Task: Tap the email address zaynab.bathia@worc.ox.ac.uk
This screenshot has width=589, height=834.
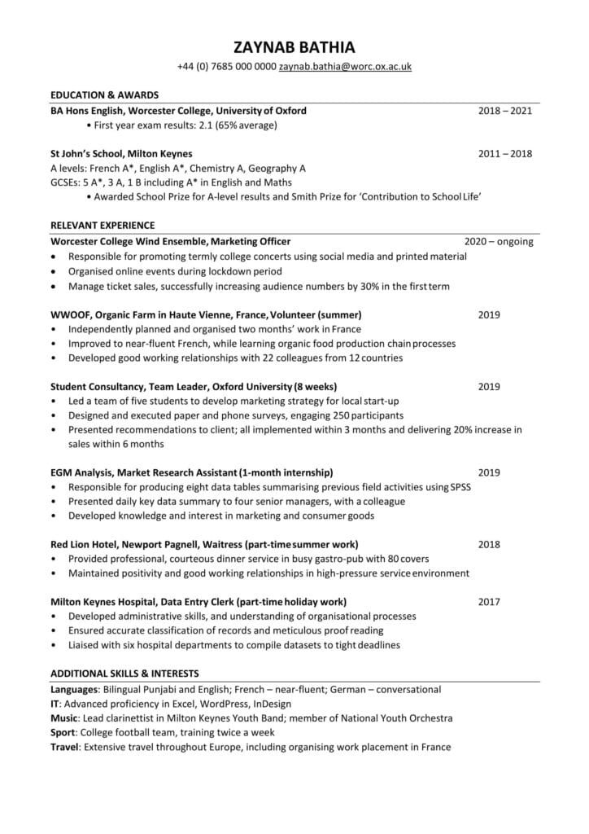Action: pyautogui.click(x=345, y=67)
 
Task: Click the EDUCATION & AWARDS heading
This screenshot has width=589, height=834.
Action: pyautogui.click(x=104, y=94)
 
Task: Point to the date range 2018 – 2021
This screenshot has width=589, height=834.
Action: pyautogui.click(x=504, y=110)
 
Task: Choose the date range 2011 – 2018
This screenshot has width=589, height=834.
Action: pyautogui.click(x=504, y=153)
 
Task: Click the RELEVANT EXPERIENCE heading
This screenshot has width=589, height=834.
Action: pyautogui.click(x=103, y=225)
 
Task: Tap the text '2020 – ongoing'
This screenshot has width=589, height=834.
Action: pyautogui.click(x=498, y=241)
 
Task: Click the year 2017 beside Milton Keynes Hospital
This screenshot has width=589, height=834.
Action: pyautogui.click(x=489, y=602)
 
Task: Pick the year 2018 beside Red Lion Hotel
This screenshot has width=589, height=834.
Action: pyautogui.click(x=489, y=544)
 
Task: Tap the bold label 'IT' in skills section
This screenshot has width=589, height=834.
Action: pyautogui.click(x=55, y=704)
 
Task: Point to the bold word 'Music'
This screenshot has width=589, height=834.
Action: pyautogui.click(x=64, y=718)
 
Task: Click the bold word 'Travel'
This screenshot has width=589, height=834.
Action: pyautogui.click(x=65, y=747)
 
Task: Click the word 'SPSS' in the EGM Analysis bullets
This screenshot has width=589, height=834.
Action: pyautogui.click(x=460, y=487)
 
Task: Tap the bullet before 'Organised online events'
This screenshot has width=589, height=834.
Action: pyautogui.click(x=54, y=271)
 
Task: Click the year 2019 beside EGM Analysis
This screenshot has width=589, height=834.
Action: pyautogui.click(x=489, y=472)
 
